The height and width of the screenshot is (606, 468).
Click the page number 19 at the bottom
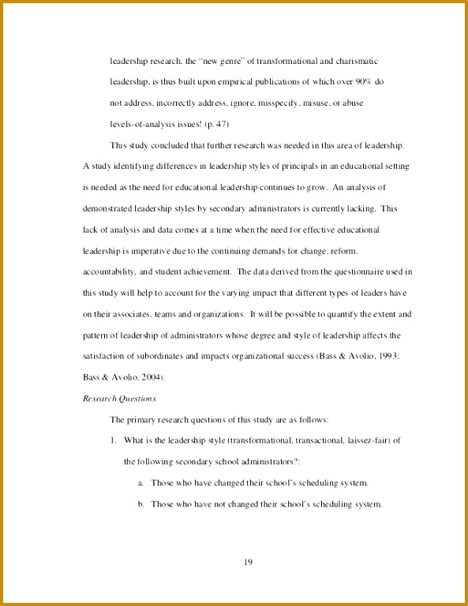[248, 562]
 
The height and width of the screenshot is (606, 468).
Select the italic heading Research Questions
[119, 398]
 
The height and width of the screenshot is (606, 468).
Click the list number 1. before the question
[114, 440]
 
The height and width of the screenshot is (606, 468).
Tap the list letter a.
[140, 483]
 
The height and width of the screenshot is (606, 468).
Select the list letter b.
[140, 503]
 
